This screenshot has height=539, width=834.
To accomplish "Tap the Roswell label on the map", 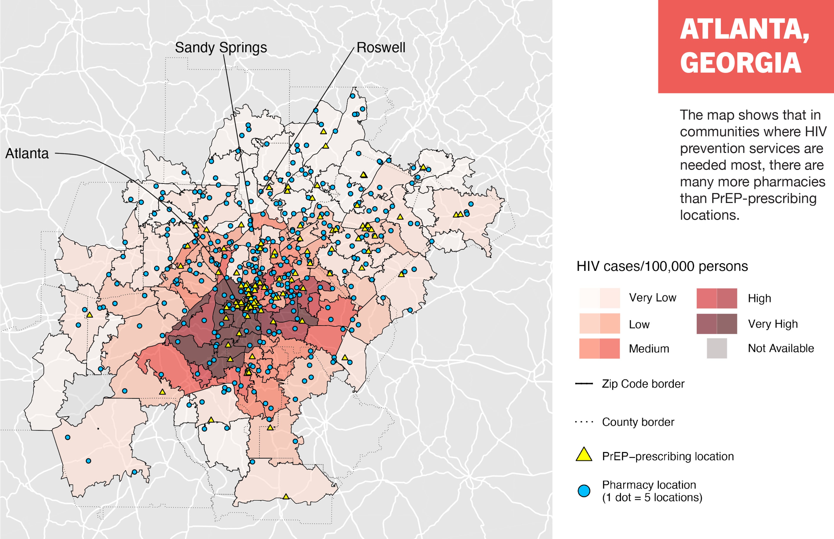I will [381, 48].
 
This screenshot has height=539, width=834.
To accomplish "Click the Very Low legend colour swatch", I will [599, 298].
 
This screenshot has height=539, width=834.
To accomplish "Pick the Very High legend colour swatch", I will [717, 324].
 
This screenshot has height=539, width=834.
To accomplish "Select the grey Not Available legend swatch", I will [717, 348].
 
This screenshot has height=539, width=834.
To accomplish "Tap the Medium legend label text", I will [649, 349].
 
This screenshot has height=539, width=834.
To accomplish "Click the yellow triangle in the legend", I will [584, 455].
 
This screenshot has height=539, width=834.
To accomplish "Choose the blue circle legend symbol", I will [584, 491].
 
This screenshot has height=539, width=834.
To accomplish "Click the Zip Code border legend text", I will [643, 384].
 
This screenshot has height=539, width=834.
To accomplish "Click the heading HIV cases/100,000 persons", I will [662, 266].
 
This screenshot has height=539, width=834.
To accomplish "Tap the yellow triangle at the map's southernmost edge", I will [286, 497].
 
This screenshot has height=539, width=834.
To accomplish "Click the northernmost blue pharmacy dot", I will [352, 96].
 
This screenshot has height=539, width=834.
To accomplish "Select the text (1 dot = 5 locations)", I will [652, 497].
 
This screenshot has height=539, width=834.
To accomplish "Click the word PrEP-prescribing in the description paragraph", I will [748, 198].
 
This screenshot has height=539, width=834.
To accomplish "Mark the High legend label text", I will [759, 298].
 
